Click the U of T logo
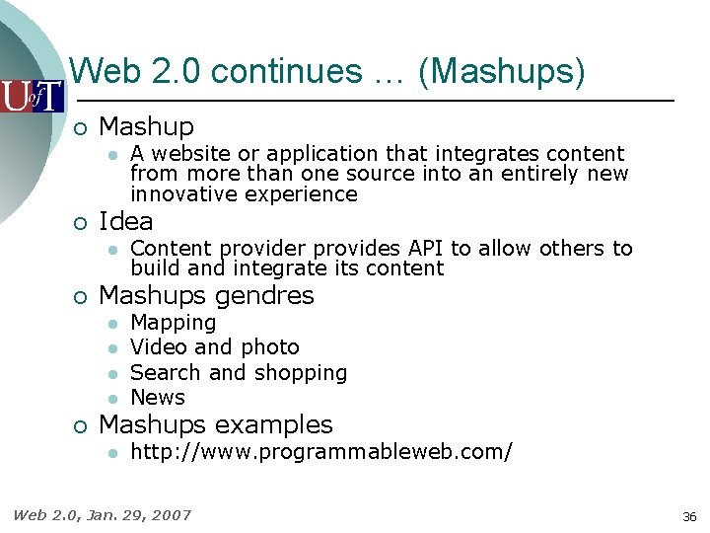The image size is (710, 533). [x=32, y=96]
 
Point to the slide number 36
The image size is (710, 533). [x=688, y=516]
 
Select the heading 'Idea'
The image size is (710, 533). [x=126, y=221]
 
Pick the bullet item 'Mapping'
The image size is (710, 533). [x=173, y=323]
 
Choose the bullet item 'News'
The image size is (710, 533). [x=158, y=398]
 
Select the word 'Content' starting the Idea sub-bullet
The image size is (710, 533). [x=172, y=249]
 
